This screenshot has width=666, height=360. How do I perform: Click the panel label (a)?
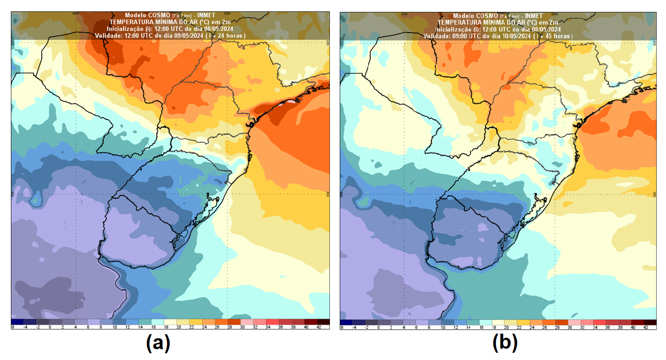pyautogui.click(x=158, y=342)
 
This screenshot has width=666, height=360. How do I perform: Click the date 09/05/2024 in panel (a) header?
pyautogui.click(x=189, y=35)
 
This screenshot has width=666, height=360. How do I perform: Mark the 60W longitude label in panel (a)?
pyautogui.click(x=75, y=13)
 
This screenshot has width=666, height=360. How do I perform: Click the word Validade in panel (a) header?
pyautogui.click(x=110, y=35)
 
